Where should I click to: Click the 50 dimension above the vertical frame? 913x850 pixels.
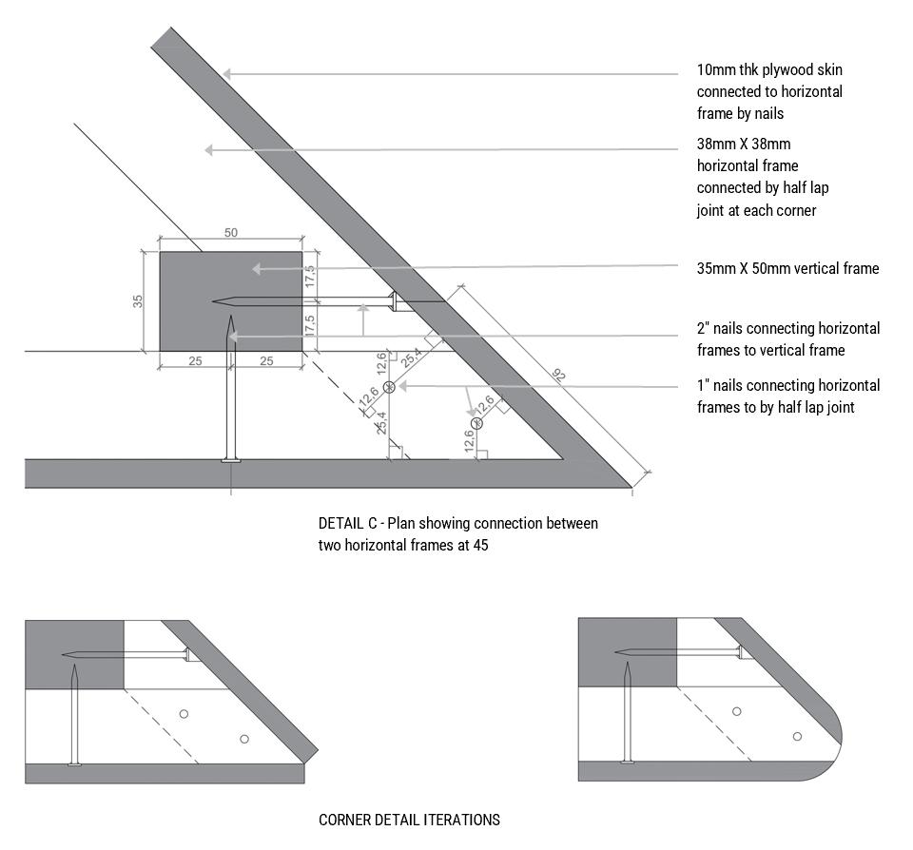coord(230,233)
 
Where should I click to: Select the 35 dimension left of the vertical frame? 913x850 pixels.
coord(138,301)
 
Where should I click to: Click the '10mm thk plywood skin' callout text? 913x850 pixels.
coord(769,70)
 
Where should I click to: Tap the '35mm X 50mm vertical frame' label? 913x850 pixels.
coord(787,269)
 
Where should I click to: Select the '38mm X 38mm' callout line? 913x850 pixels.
coord(757,145)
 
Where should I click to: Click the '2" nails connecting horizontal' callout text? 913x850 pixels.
coord(787,329)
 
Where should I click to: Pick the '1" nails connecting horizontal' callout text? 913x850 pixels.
coord(787,386)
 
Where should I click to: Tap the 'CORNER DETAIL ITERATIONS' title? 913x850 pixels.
coord(409,820)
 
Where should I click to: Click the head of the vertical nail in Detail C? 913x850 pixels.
coord(230,459)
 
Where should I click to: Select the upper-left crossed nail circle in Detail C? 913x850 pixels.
coord(389,386)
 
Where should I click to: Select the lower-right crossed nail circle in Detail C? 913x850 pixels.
coord(476,423)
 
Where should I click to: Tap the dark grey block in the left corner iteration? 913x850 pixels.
coord(74,654)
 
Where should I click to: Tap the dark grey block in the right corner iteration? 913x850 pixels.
coord(627,652)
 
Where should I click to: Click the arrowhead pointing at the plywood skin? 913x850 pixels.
coord(227,72)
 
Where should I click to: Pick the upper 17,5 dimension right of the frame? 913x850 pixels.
coord(309,277)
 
